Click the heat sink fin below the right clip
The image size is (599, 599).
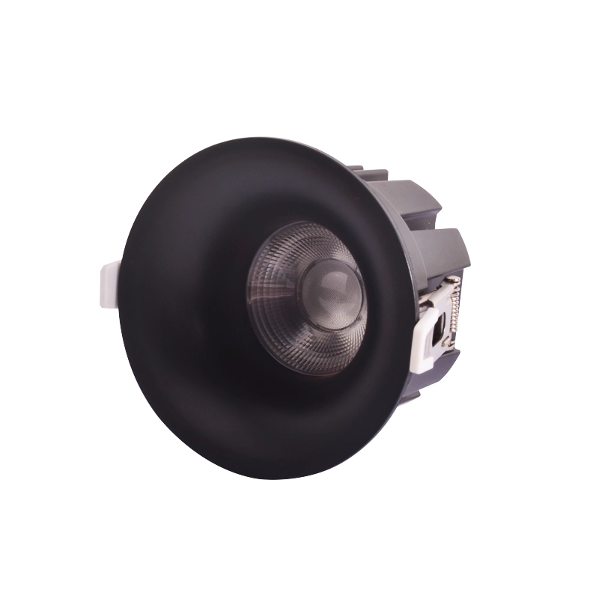pos(434,378)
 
